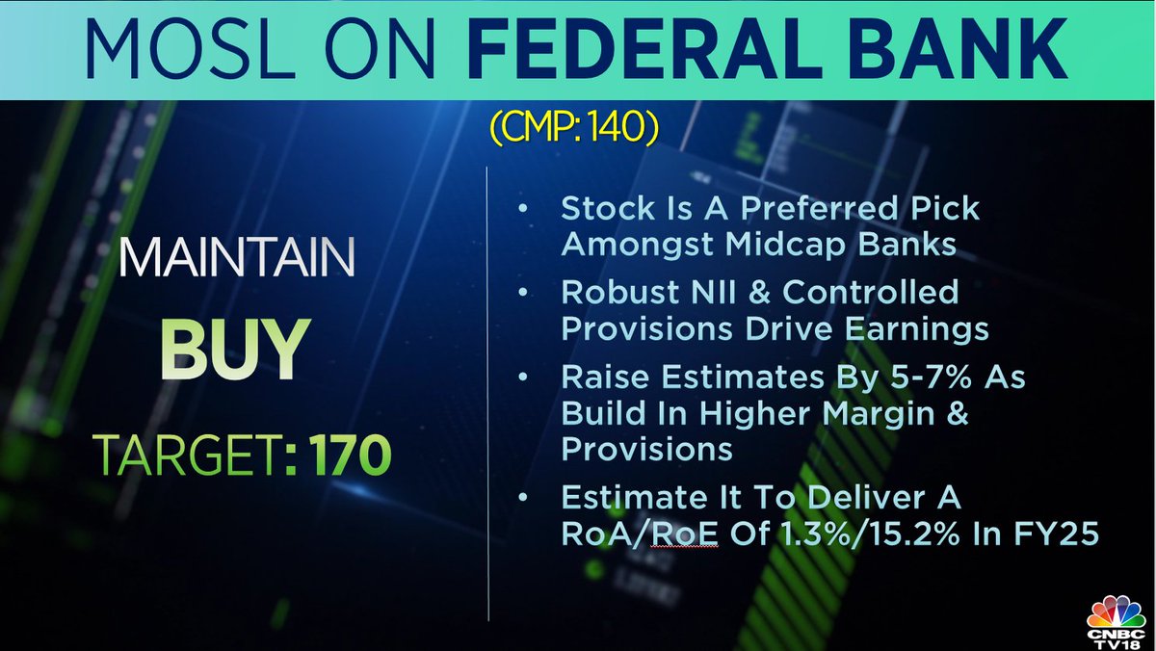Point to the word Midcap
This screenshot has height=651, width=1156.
[x=798, y=245]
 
